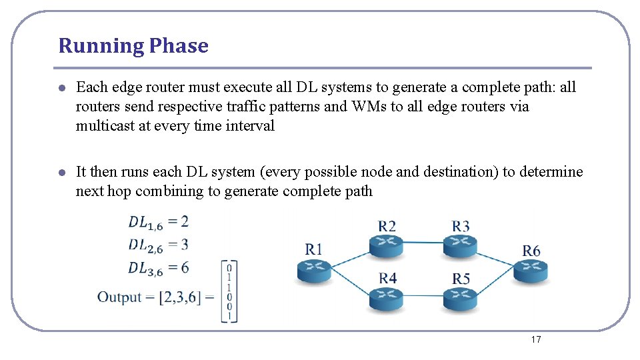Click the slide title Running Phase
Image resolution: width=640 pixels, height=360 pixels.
pos(133,46)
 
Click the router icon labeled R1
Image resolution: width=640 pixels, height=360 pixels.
pos(314,270)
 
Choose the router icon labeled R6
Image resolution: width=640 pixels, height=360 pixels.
pos(531,271)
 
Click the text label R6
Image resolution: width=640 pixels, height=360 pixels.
pos(531,251)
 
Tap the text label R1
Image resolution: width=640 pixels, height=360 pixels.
pos(314,249)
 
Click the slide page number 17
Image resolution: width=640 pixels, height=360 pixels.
pos(536,340)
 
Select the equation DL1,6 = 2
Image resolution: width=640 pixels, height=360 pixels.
pos(159,222)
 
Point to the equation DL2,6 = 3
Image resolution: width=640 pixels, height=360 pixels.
pos(159,245)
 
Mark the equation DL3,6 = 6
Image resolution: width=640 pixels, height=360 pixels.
pos(159,268)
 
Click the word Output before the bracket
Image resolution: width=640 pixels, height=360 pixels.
pos(119,297)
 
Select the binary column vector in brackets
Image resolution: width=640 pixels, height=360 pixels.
pos(229,292)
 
